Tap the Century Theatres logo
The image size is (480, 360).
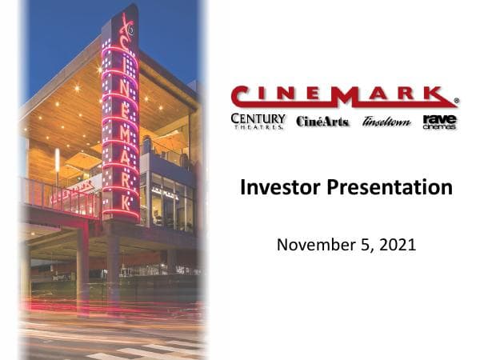tap(258, 121)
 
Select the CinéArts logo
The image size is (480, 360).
tap(322, 122)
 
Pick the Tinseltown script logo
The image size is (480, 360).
tap(386, 122)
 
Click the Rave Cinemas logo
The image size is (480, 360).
tap(439, 121)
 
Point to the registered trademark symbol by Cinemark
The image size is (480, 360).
tap(456, 102)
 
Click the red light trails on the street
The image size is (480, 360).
tap(104, 308)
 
